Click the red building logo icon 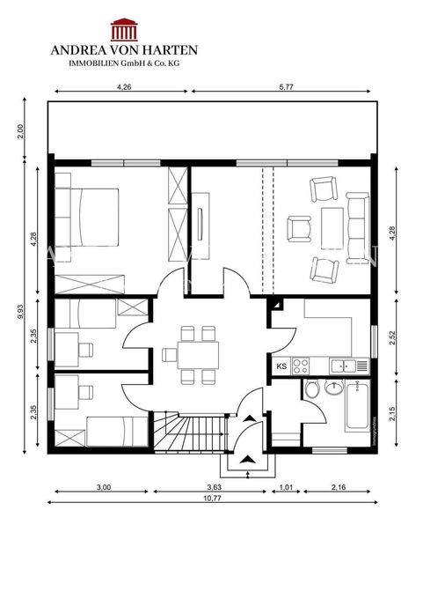(x=122, y=32)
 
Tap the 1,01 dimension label (x=285, y=486)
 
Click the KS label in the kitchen (x=282, y=366)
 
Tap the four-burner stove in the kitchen (x=301, y=366)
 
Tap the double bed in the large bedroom (x=89, y=215)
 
